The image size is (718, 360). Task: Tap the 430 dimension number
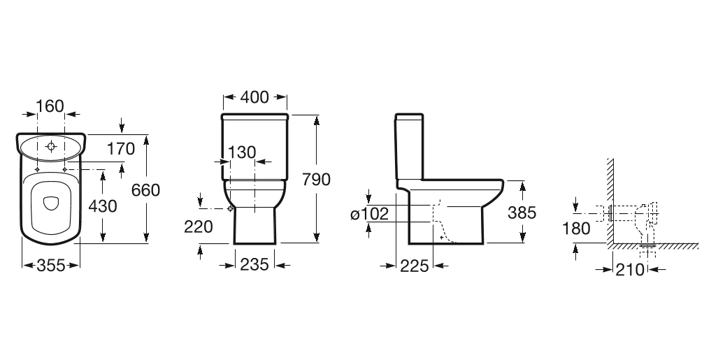103,206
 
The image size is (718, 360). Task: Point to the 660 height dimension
147,189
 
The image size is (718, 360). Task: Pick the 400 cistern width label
254,97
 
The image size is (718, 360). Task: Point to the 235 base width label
254,265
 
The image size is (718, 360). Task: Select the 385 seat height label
522,213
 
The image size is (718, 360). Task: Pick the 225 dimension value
415,265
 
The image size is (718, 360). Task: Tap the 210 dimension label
629,269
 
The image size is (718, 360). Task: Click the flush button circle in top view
51,147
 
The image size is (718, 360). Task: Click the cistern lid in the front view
255,115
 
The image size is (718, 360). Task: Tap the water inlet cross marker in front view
231,208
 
